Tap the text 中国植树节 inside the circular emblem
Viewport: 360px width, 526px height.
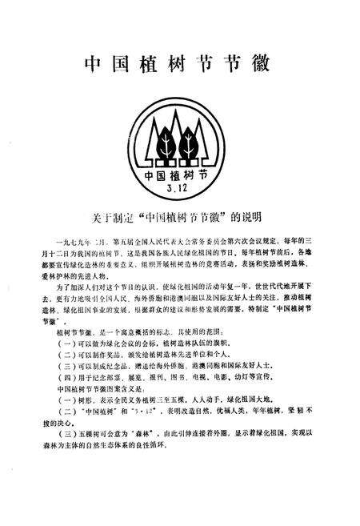tap(180, 175)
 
